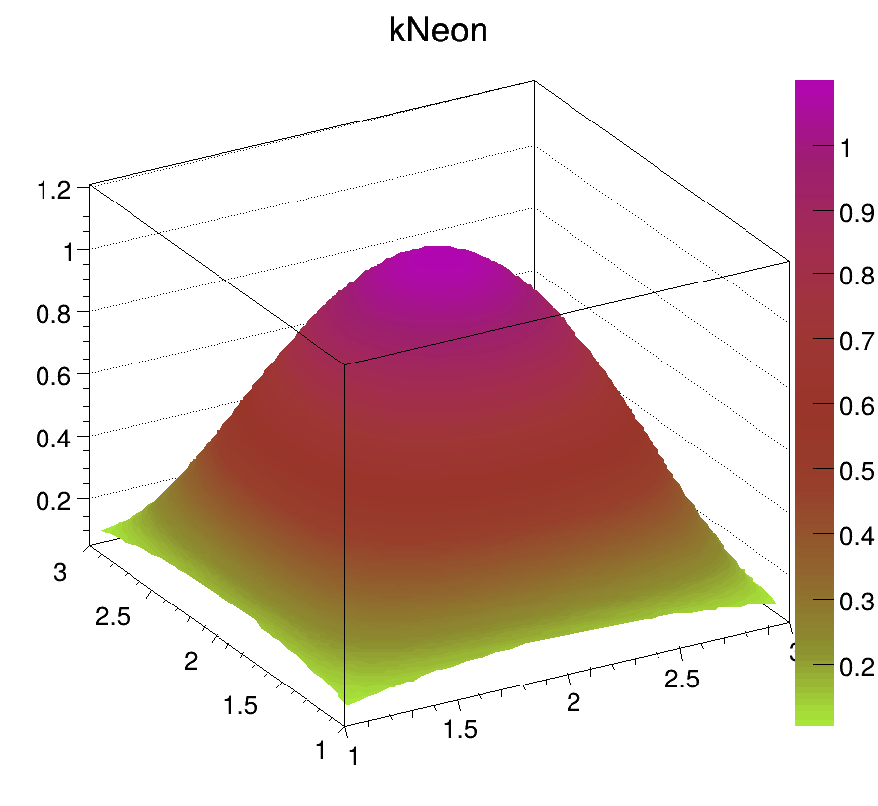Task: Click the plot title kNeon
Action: point(438,32)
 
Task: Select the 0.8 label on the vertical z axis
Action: point(55,312)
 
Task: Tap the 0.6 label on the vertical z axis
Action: point(55,374)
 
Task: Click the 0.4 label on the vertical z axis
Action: point(55,437)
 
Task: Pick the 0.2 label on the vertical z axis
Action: point(55,499)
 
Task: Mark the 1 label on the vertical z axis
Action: point(68,251)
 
